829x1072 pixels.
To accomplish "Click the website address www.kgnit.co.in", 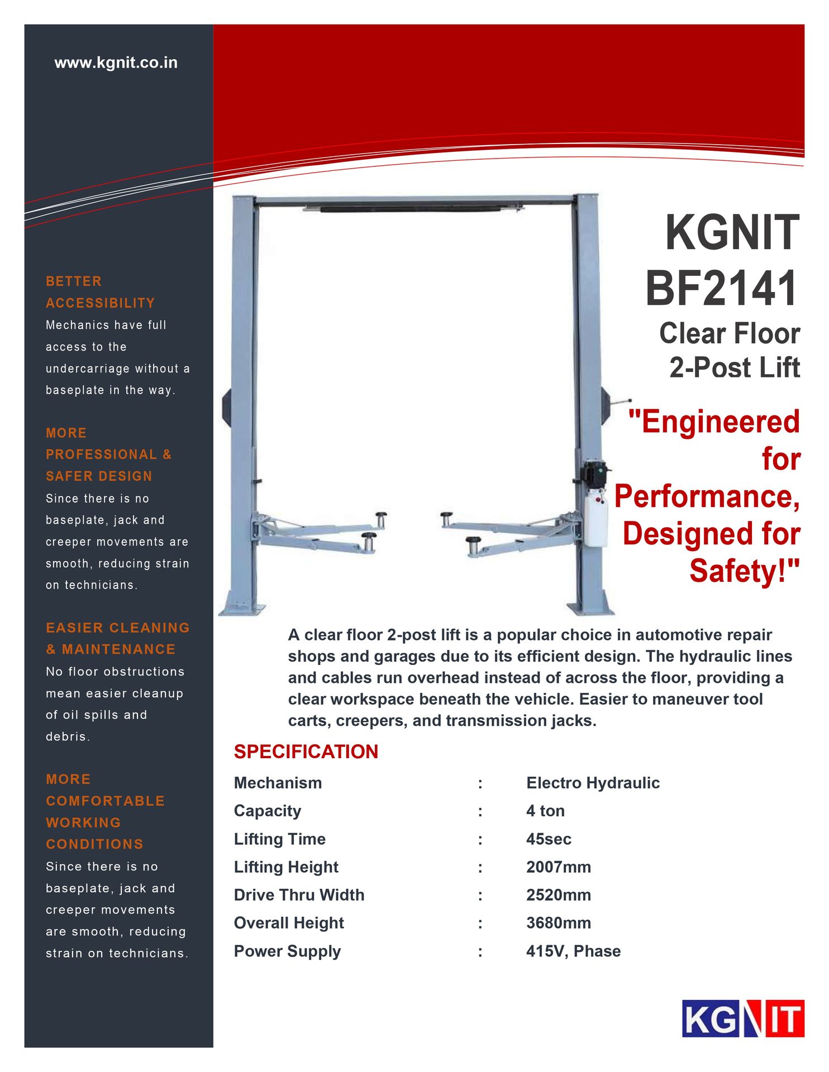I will pyautogui.click(x=116, y=63).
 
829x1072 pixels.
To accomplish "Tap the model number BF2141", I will pyautogui.click(x=722, y=289).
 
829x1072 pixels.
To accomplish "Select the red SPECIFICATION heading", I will pyautogui.click(x=306, y=752).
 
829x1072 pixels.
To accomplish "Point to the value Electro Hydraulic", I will pyautogui.click(x=592, y=783).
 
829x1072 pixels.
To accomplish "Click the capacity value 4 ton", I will pyautogui.click(x=545, y=811).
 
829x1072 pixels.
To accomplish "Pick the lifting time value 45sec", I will pyautogui.click(x=548, y=839).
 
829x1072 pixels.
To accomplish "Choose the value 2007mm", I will pyautogui.click(x=558, y=867).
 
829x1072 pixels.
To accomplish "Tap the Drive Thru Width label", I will pyautogui.click(x=299, y=895).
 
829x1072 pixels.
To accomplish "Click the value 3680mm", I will pyautogui.click(x=558, y=923).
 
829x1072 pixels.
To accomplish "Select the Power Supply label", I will pyautogui.click(x=287, y=951).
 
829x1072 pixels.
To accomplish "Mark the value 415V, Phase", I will pyautogui.click(x=573, y=951).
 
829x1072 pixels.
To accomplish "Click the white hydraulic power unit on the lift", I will pyautogui.click(x=595, y=519).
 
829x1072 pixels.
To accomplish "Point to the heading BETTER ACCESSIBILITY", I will pyautogui.click(x=100, y=292).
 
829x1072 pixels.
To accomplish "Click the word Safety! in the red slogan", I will pyautogui.click(x=744, y=571).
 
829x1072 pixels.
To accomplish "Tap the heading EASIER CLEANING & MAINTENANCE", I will pyautogui.click(x=117, y=638).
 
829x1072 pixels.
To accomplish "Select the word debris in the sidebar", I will pyautogui.click(x=68, y=736).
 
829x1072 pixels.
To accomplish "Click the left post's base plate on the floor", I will pyautogui.click(x=241, y=609).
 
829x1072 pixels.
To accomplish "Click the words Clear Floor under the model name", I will pyautogui.click(x=729, y=334).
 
